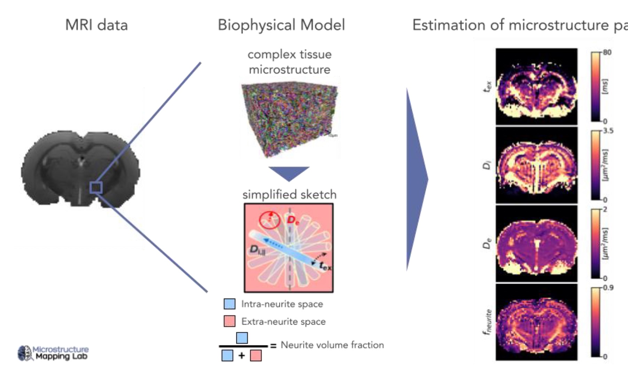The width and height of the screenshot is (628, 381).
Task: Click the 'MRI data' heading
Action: (x=96, y=25)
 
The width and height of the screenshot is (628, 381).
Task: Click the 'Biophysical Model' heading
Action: (x=281, y=25)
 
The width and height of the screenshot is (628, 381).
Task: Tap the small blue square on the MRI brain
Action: (x=96, y=187)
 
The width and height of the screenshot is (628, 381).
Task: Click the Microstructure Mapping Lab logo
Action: (x=53, y=353)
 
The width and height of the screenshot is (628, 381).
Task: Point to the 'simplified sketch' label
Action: (x=289, y=194)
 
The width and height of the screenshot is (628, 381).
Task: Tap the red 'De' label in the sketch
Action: (x=293, y=220)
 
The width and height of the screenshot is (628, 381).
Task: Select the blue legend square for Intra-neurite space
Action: (x=229, y=304)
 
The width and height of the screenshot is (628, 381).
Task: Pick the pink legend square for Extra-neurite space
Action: (x=229, y=321)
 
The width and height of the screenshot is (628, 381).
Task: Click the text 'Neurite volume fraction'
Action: (x=332, y=345)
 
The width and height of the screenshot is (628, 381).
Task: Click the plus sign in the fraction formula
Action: (x=242, y=356)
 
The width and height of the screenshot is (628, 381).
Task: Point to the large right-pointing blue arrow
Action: (x=417, y=179)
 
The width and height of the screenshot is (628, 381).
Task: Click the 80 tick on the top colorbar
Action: (x=607, y=52)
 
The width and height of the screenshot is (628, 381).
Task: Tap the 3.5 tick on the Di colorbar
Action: (x=608, y=131)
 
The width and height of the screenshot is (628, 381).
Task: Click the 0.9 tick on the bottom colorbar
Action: (x=608, y=288)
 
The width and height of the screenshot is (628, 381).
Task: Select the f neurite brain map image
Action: (x=536, y=322)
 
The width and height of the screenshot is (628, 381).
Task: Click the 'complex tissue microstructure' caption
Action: (x=289, y=62)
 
